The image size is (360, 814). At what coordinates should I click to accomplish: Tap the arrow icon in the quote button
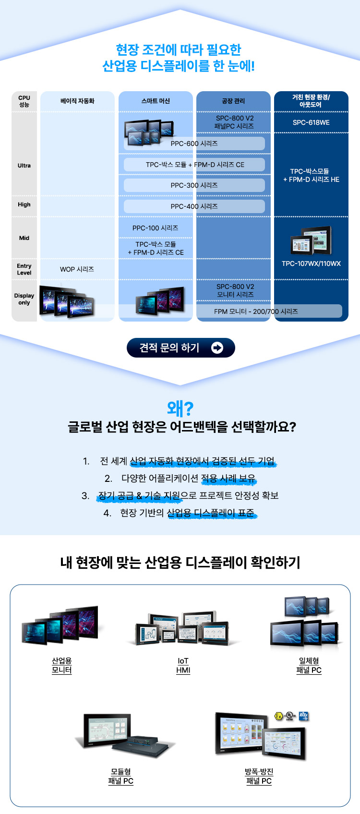(217, 348)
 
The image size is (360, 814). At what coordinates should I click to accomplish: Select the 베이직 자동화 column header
(77, 101)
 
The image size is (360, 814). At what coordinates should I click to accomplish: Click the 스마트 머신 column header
(156, 101)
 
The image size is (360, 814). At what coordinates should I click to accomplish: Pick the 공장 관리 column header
(233, 101)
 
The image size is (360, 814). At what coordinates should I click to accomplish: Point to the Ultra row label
(24, 166)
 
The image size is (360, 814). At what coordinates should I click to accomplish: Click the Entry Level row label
(24, 269)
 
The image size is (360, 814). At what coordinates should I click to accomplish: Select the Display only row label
(24, 299)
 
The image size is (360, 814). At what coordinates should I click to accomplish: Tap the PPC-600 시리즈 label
(194, 144)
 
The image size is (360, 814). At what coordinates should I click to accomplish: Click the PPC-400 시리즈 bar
(194, 206)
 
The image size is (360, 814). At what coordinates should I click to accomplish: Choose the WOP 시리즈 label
(77, 269)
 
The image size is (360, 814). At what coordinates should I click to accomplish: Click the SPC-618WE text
(311, 122)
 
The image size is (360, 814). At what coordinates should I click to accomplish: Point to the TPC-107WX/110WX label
(311, 263)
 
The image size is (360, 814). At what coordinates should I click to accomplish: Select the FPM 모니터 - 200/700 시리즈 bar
(256, 311)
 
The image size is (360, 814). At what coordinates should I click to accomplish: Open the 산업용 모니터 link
(61, 666)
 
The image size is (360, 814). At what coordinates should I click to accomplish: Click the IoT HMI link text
(183, 666)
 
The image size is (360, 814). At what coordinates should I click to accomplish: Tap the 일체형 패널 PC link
(309, 666)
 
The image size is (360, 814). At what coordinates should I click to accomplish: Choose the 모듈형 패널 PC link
(120, 776)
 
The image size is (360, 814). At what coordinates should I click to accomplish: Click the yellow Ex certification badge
(278, 716)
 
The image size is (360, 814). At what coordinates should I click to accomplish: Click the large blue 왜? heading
(180, 408)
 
